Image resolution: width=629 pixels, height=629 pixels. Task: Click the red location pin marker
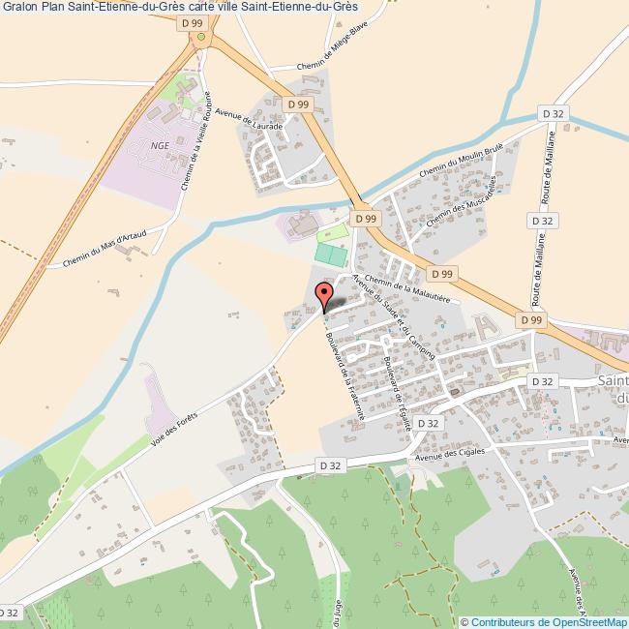(325, 293)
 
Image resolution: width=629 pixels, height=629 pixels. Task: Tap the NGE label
(159, 145)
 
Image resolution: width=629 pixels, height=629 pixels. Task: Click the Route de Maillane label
(549, 170)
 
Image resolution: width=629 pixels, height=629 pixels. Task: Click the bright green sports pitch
(331, 255)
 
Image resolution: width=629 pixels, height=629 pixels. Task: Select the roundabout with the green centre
(201, 37)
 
